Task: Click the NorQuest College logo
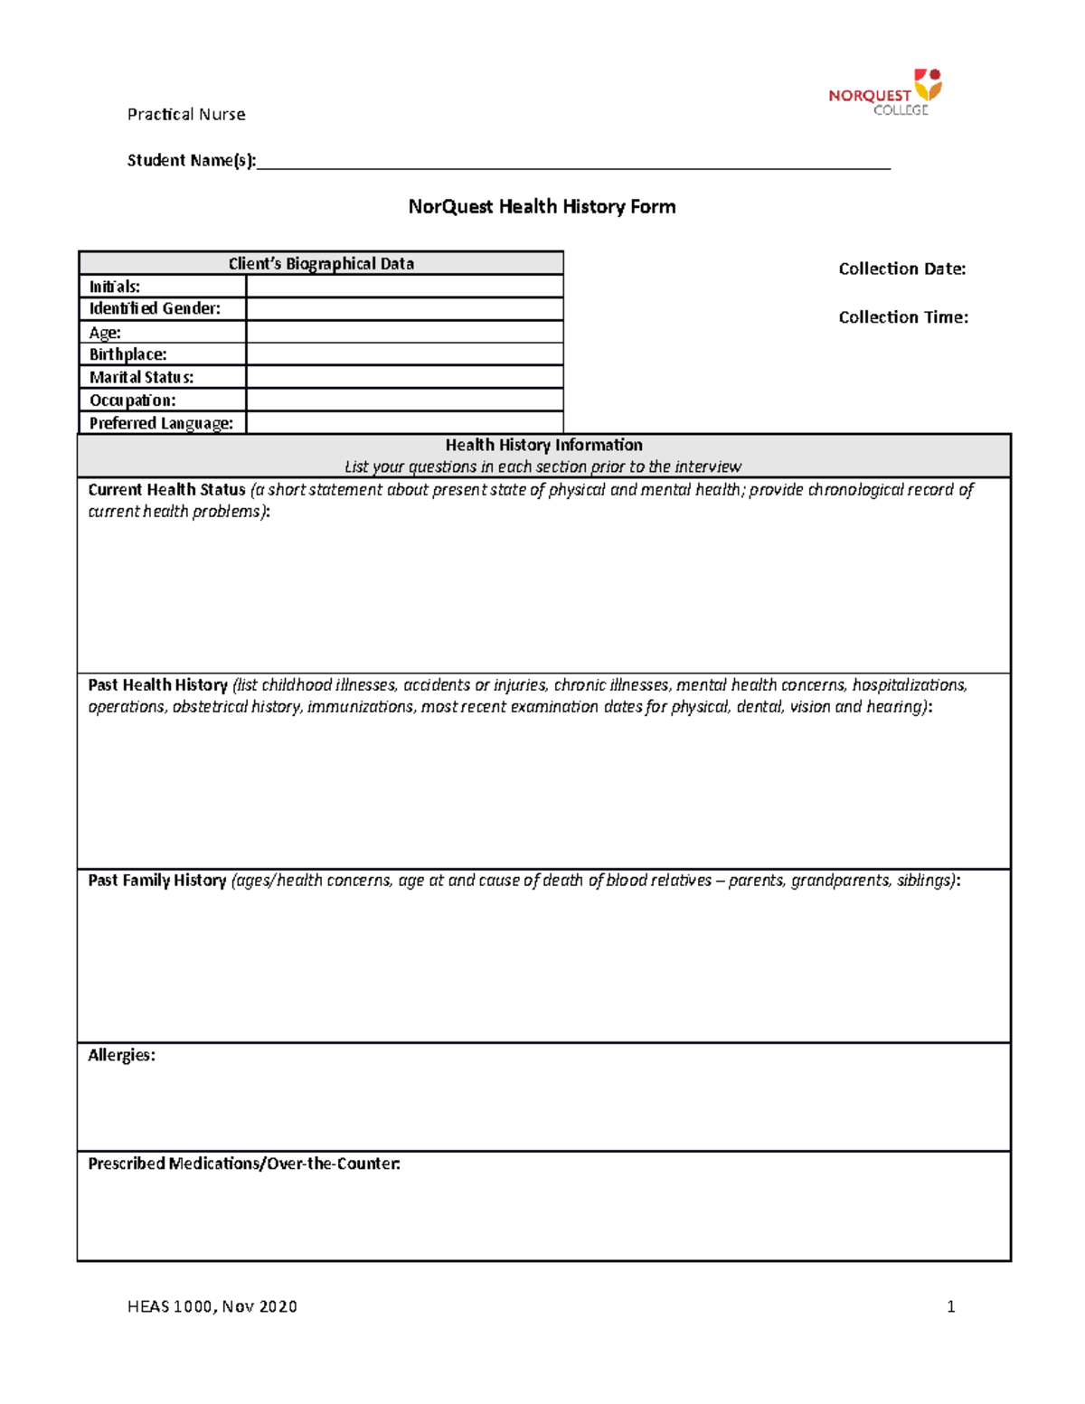pos(884,92)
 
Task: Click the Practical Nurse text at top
pos(186,114)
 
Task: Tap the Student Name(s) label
pos(191,160)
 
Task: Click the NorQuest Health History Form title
pos(542,206)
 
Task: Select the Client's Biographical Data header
pos(321,263)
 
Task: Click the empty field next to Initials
pos(404,287)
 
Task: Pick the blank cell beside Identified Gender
pos(404,309)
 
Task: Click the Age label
pos(105,332)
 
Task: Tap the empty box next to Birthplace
pos(404,354)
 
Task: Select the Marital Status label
pos(141,377)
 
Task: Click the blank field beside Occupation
pos(404,400)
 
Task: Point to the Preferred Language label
pos(161,423)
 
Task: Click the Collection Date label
pos(901,269)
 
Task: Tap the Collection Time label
pos(902,316)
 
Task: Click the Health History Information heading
pos(543,445)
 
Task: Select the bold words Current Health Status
pos(166,490)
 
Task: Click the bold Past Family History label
pos(156,881)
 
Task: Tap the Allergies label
pos(121,1055)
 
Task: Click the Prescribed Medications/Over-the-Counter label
pos(243,1164)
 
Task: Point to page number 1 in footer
pos(950,1305)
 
